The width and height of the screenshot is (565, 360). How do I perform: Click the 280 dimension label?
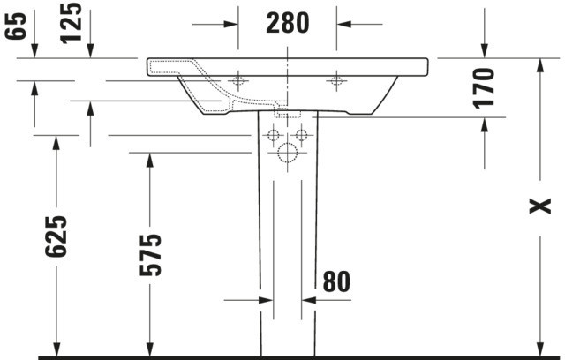coord(288,23)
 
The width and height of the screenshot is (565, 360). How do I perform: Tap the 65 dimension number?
coord(16,26)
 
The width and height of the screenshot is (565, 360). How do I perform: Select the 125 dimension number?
coord(71,24)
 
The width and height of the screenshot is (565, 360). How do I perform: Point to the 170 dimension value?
coord(484,88)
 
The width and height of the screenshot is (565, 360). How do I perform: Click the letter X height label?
coord(539,206)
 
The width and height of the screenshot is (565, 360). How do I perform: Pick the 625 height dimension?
coord(56,236)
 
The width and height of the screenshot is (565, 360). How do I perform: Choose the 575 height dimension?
coord(151,255)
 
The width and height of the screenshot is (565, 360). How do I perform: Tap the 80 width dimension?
coord(336,281)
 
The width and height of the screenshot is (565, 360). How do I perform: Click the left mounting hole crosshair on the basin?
coord(237,80)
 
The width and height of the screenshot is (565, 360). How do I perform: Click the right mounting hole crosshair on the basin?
coord(336,80)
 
